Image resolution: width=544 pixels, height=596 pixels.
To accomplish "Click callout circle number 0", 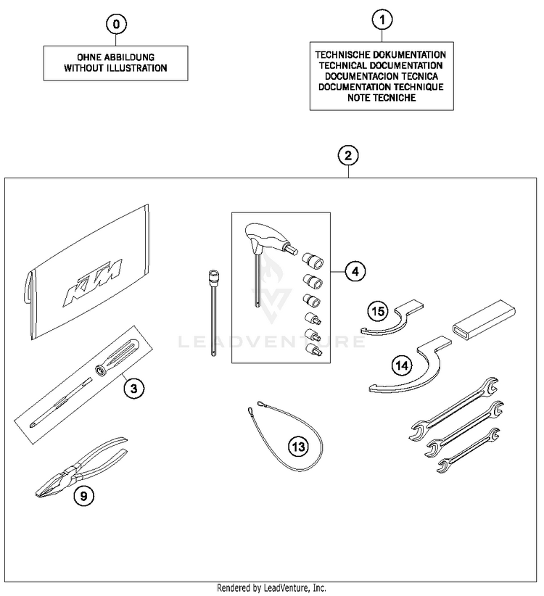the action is click(116, 24).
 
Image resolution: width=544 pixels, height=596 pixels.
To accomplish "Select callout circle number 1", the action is click(381, 20).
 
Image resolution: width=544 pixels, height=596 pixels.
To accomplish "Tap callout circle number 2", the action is click(348, 155).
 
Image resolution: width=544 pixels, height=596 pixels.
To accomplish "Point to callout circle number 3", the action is click(132, 389).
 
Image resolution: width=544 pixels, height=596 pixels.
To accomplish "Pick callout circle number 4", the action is click(354, 272).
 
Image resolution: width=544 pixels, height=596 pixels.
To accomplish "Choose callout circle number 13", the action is click(298, 447).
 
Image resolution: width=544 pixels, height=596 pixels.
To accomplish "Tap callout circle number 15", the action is click(376, 313).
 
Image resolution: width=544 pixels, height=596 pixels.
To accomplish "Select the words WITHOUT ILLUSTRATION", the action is click(116, 68).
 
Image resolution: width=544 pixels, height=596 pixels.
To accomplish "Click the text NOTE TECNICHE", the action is click(381, 97).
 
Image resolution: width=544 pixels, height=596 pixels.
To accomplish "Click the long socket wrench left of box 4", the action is click(215, 312).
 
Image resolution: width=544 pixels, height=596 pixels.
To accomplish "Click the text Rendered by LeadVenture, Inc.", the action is click(272, 588).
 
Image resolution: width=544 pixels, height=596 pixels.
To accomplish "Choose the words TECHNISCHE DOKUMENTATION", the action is click(381, 54).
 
